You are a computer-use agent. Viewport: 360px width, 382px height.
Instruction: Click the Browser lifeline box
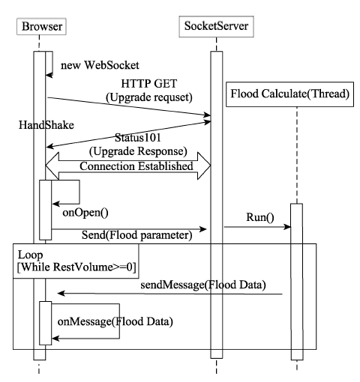pyautogui.click(x=41, y=26)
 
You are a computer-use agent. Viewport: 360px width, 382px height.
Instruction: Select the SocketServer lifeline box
pyautogui.click(x=216, y=26)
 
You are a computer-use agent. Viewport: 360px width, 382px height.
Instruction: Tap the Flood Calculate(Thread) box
pyautogui.click(x=289, y=94)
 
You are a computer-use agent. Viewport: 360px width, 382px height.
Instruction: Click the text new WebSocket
pyautogui.click(x=100, y=65)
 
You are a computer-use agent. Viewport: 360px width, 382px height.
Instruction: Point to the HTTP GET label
pyautogui.click(x=149, y=83)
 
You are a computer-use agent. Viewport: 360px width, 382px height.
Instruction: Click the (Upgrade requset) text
pyautogui.click(x=149, y=97)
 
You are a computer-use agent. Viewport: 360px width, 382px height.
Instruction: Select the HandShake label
pyautogui.click(x=46, y=124)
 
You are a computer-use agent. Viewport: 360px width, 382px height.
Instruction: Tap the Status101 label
pyautogui.click(x=138, y=138)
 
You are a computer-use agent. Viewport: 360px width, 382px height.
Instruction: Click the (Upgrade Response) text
pyautogui.click(x=138, y=151)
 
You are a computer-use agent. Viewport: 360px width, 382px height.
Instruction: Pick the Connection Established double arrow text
pyautogui.click(x=136, y=166)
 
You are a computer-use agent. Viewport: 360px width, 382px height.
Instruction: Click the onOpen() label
pyautogui.click(x=85, y=213)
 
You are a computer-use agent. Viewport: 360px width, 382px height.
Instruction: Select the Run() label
pyautogui.click(x=260, y=217)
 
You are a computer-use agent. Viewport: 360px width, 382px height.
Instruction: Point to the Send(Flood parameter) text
pyautogui.click(x=137, y=235)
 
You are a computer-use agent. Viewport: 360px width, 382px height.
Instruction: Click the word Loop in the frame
pyautogui.click(x=30, y=255)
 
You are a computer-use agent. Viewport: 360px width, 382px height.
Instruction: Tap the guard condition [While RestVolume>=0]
pyautogui.click(x=76, y=267)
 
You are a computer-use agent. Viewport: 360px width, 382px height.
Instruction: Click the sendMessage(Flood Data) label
pyautogui.click(x=203, y=285)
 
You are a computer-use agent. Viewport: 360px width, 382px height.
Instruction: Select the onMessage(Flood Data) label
pyautogui.click(x=115, y=321)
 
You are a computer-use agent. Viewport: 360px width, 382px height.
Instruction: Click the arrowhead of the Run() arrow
pyautogui.click(x=287, y=227)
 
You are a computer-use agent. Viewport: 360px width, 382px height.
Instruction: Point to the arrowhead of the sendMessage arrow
pyautogui.click(x=61, y=294)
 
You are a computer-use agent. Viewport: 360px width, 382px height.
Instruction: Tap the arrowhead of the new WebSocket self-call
pyautogui.click(x=49, y=75)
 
